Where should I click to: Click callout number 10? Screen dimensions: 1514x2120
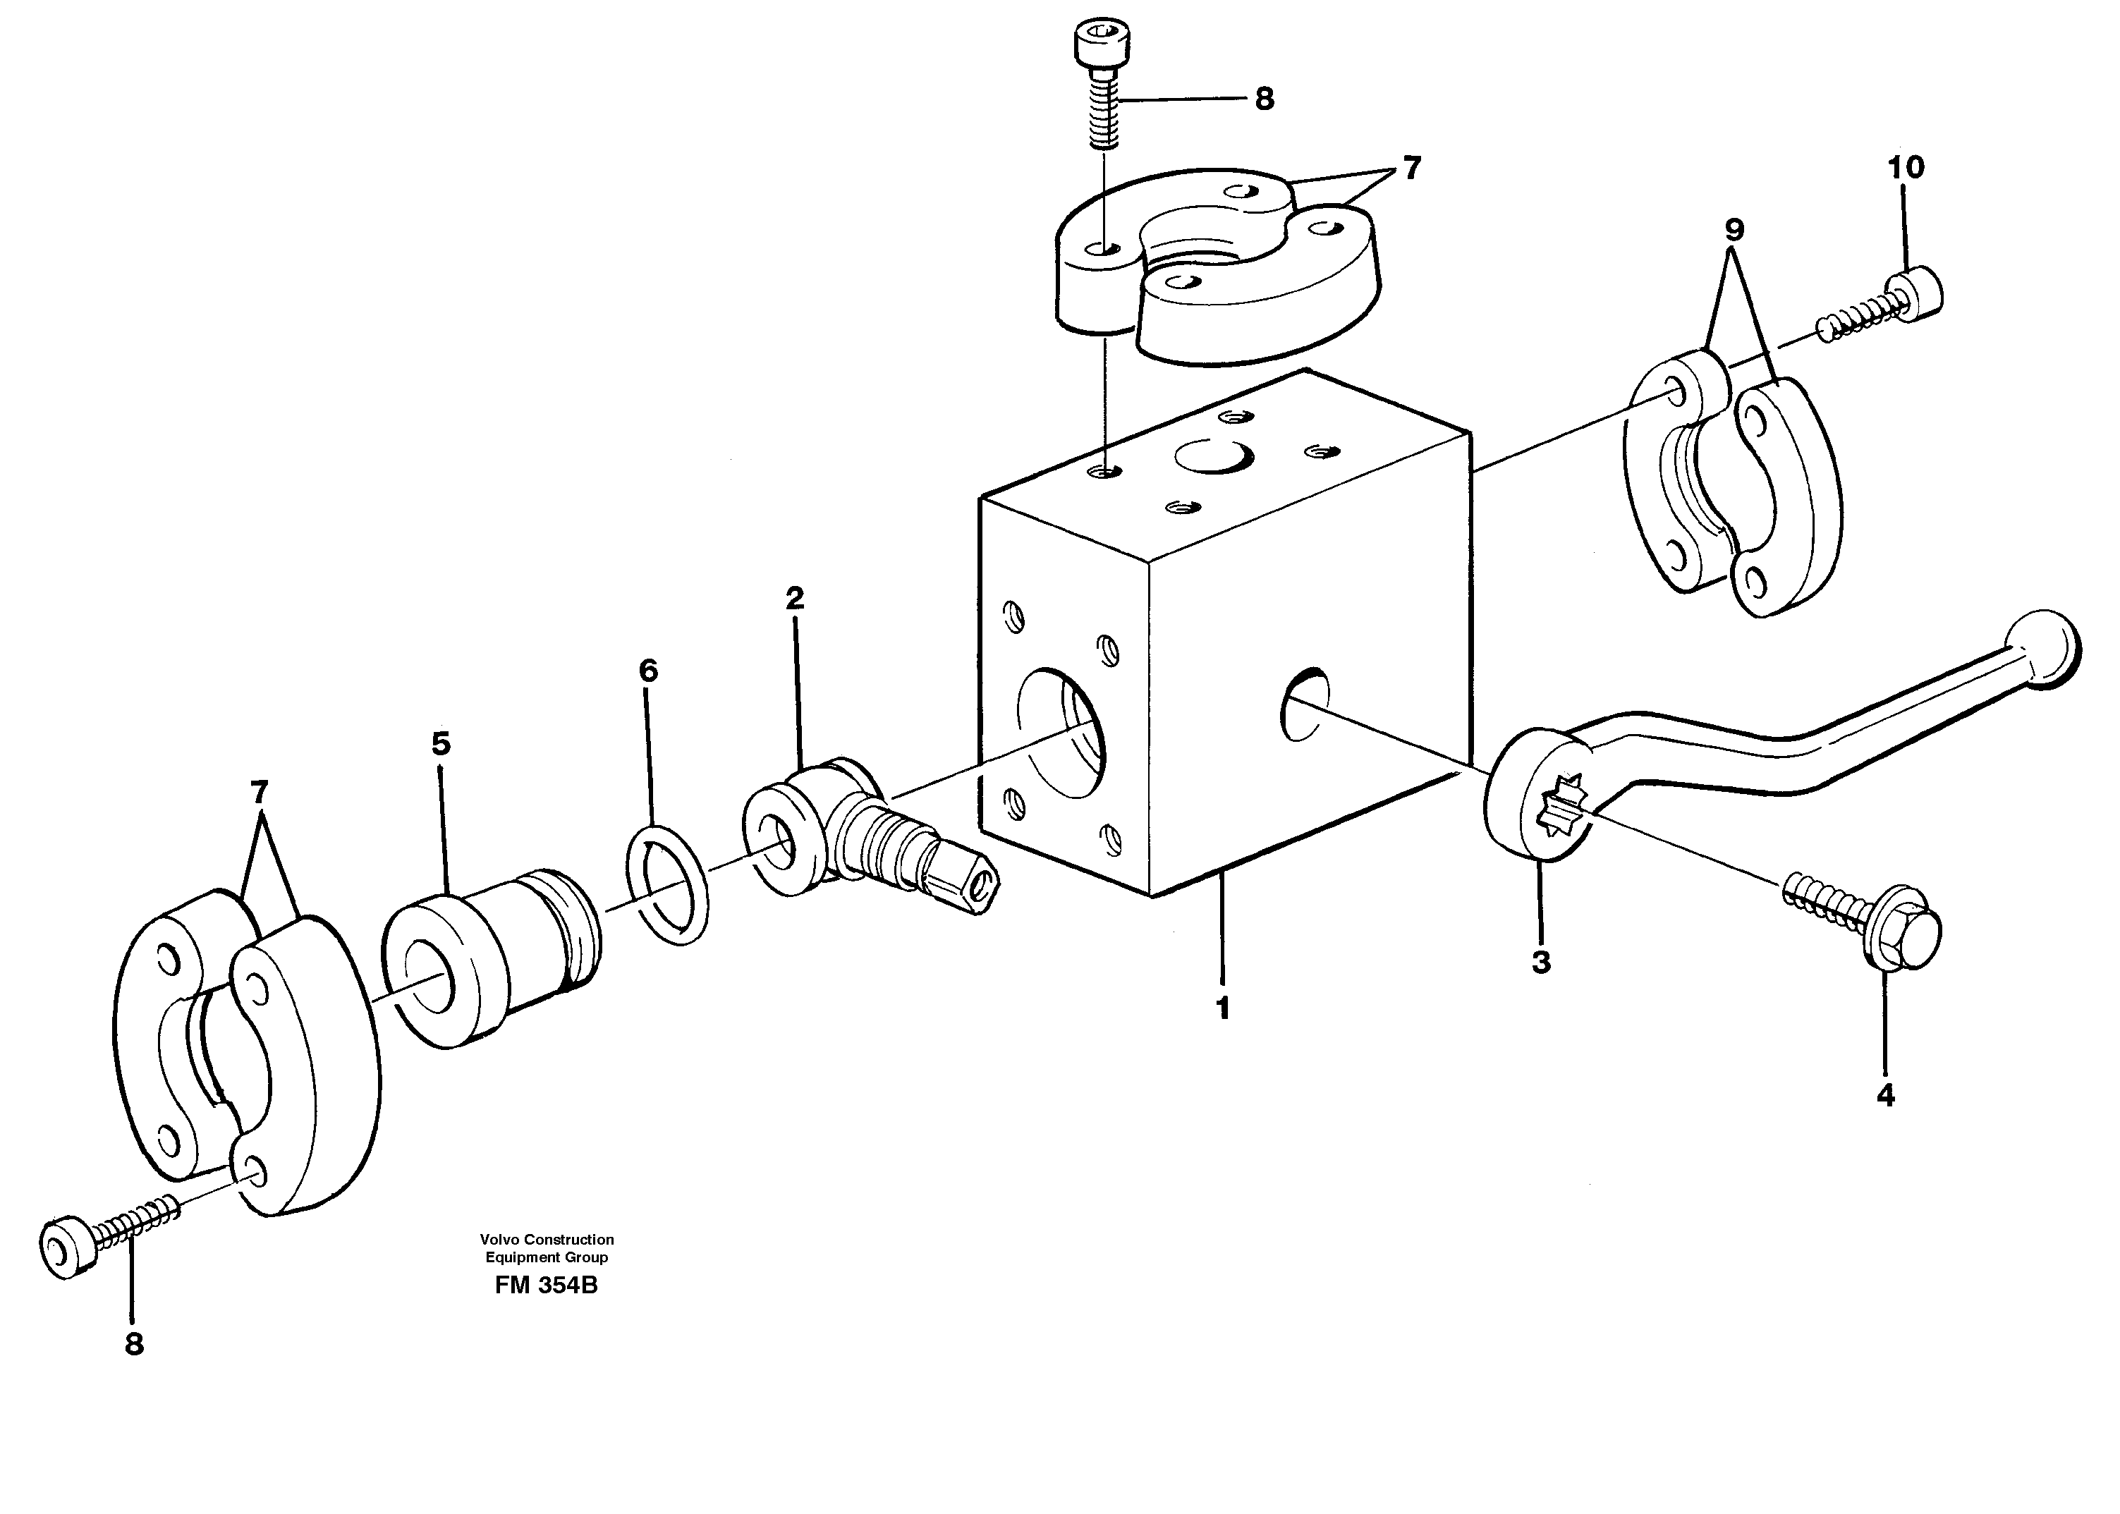pos(1906,168)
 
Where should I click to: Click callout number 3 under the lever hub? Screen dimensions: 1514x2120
pos(1541,962)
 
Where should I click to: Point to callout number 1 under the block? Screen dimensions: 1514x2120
pos(1222,1008)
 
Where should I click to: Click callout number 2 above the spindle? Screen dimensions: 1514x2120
pos(794,597)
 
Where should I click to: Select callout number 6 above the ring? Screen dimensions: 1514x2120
pos(648,671)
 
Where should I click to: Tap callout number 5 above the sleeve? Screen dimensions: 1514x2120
pos(441,744)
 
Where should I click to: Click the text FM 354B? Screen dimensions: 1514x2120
pos(547,1286)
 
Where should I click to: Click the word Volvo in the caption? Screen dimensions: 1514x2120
pos(501,1239)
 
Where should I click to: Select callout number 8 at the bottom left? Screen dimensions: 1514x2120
pos(134,1344)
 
